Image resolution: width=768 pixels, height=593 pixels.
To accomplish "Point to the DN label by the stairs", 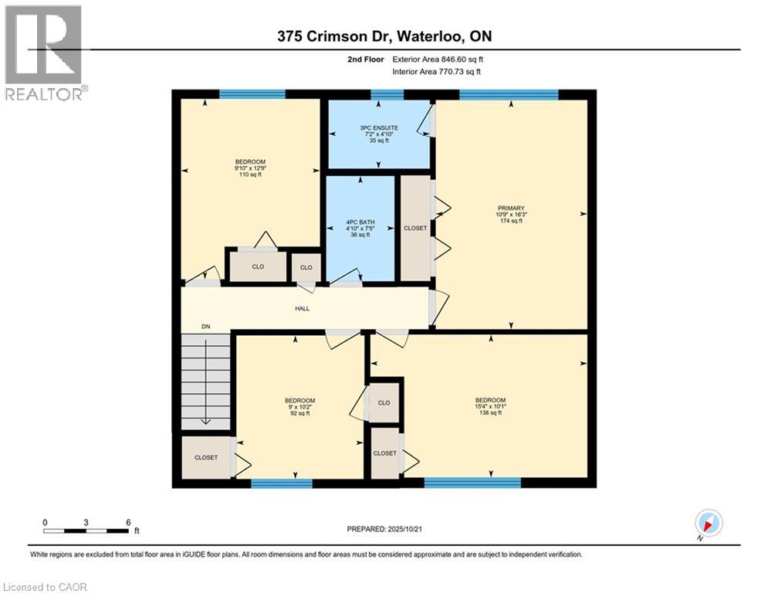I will [x=205, y=327].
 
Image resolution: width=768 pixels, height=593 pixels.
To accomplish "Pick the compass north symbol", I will [x=708, y=524].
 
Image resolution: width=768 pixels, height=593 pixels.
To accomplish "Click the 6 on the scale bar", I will [x=128, y=522].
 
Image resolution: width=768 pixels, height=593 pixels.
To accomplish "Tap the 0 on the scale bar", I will [x=46, y=522].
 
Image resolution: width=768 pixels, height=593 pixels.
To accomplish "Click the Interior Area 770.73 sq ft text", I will [x=437, y=71].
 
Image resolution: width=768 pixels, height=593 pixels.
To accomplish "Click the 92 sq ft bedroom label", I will [x=299, y=406].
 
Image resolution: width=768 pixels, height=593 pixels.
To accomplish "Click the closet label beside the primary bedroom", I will [x=415, y=229].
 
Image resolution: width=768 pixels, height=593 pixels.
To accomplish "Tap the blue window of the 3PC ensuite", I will [x=387, y=95].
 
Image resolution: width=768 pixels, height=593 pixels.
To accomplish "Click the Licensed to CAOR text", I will [x=45, y=587].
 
